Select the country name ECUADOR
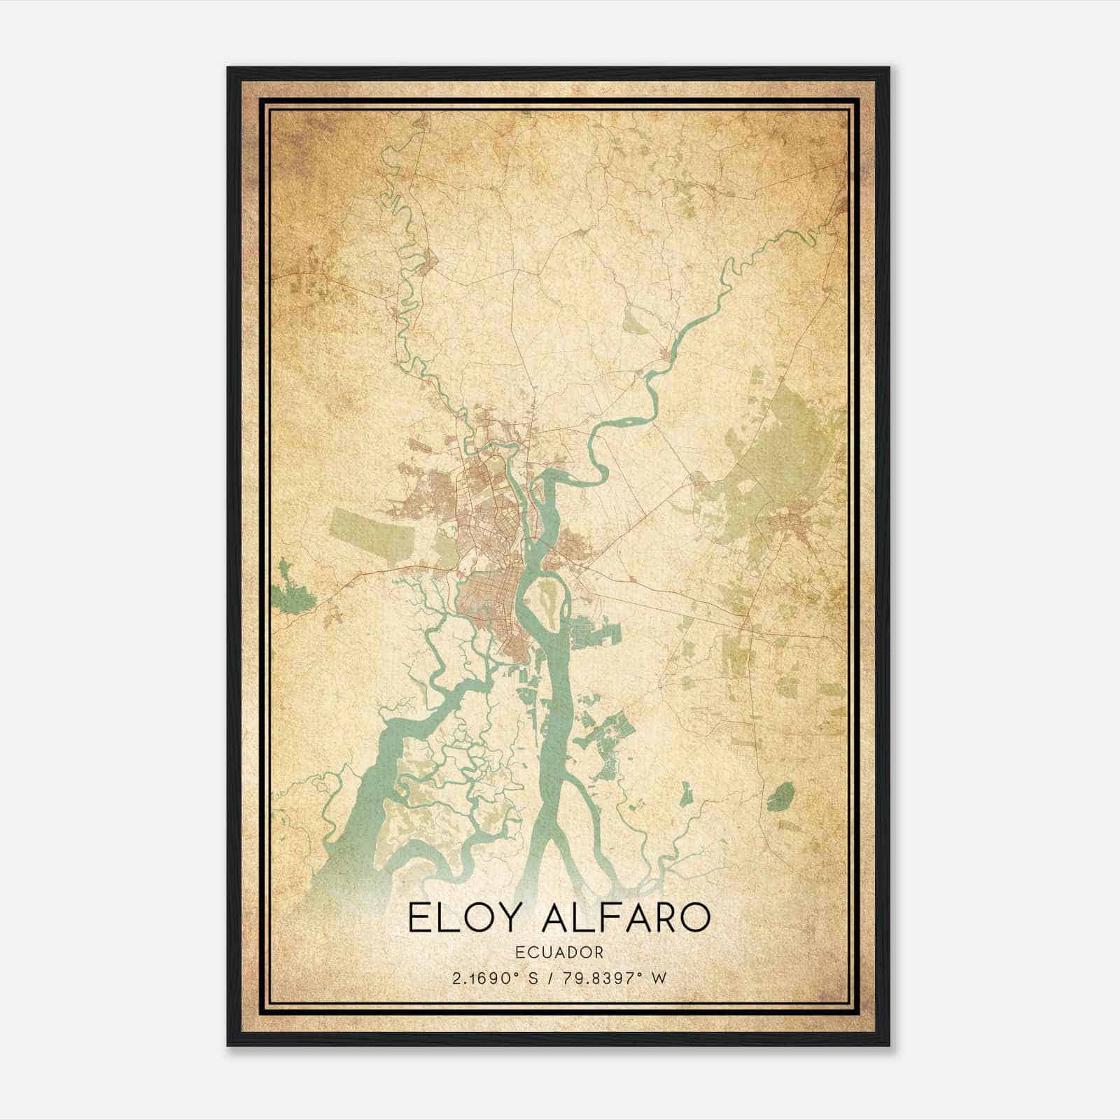pyautogui.click(x=559, y=952)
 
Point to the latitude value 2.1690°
pyautogui.click(x=489, y=978)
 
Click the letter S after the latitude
pyautogui.click(x=534, y=978)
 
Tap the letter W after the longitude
pyautogui.click(x=658, y=978)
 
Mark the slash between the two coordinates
pyautogui.click(x=552, y=978)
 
